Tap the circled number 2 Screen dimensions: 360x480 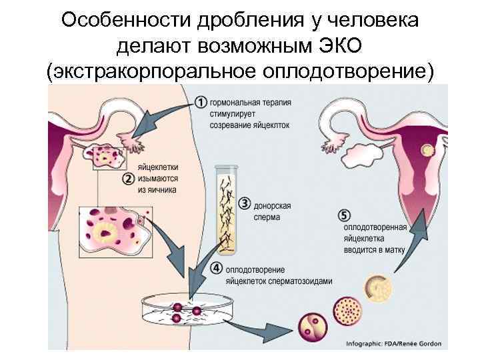pyautogui.click(x=128, y=179)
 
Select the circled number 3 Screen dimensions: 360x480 pyautogui.click(x=245, y=203)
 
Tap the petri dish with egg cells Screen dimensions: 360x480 pyautogui.click(x=189, y=311)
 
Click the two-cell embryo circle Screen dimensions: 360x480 pyautogui.click(x=313, y=327)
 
